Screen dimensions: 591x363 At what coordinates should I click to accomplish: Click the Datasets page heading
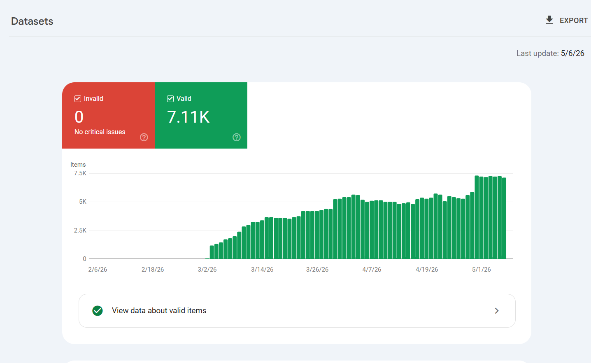pyautogui.click(x=32, y=21)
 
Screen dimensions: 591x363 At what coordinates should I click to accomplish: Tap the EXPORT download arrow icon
pyautogui.click(x=549, y=20)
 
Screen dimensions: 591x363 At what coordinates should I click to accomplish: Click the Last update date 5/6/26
pyautogui.click(x=572, y=53)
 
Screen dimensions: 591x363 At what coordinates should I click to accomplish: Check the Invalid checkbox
pyautogui.click(x=77, y=99)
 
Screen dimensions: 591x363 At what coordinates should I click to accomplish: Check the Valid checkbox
pyautogui.click(x=170, y=99)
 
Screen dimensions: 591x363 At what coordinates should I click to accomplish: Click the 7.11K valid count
pyautogui.click(x=188, y=117)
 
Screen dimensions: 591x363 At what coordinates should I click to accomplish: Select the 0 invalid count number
pyautogui.click(x=79, y=117)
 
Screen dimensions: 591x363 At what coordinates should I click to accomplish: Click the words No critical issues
pyautogui.click(x=100, y=132)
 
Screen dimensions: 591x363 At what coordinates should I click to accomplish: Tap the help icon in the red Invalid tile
pyautogui.click(x=144, y=137)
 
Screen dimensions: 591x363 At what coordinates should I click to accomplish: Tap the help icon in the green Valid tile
pyautogui.click(x=236, y=137)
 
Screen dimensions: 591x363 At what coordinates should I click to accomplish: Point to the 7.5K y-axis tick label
pyautogui.click(x=80, y=173)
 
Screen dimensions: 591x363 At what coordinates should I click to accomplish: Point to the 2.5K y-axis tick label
pyautogui.click(x=80, y=230)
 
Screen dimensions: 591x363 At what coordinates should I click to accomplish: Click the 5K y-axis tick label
pyautogui.click(x=83, y=202)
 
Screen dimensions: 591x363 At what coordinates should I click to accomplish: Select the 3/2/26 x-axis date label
pyautogui.click(x=207, y=269)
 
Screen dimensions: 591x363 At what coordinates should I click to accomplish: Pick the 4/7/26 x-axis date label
pyautogui.click(x=372, y=269)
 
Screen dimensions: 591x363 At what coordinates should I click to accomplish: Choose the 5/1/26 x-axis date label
pyautogui.click(x=482, y=269)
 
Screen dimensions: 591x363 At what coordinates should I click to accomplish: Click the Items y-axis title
pyautogui.click(x=78, y=165)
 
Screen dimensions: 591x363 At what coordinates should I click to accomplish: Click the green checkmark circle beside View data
pyautogui.click(x=98, y=311)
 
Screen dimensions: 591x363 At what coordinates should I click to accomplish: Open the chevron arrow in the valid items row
pyautogui.click(x=497, y=311)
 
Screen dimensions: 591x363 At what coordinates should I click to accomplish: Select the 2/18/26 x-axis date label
pyautogui.click(x=153, y=269)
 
